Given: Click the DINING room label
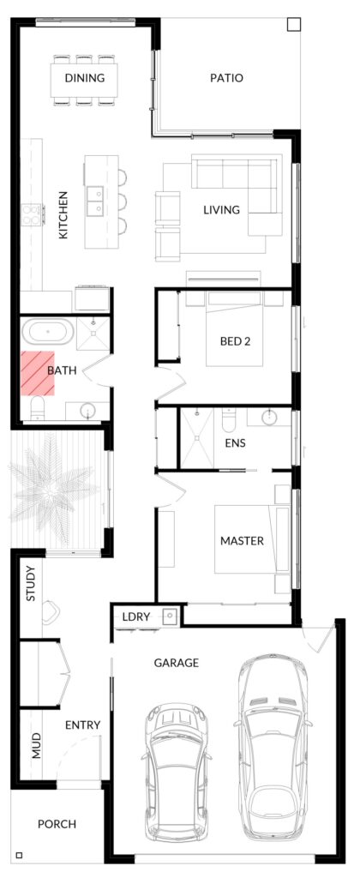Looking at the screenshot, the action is pyautogui.click(x=85, y=78).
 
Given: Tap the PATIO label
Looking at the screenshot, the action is pyautogui.click(x=227, y=78).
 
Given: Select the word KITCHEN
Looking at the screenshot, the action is pyautogui.click(x=63, y=215).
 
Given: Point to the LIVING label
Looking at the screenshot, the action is pyautogui.click(x=221, y=210).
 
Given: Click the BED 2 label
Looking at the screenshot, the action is pyautogui.click(x=235, y=341).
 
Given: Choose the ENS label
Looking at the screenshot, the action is pyautogui.click(x=235, y=443).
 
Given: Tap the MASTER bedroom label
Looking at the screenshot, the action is pyautogui.click(x=242, y=541).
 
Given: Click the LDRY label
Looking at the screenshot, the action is pyautogui.click(x=136, y=617).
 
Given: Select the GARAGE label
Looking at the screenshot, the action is pyautogui.click(x=177, y=663).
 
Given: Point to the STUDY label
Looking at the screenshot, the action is pyautogui.click(x=31, y=584).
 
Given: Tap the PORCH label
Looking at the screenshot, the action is pyautogui.click(x=57, y=824).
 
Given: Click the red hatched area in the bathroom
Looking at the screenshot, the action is pyautogui.click(x=38, y=374).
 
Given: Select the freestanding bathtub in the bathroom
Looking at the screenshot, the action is pyautogui.click(x=47, y=333).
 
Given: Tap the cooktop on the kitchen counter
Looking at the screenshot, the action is pyautogui.click(x=32, y=214).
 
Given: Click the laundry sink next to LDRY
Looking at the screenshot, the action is pyautogui.click(x=171, y=616).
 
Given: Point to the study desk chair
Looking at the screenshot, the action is pyautogui.click(x=51, y=612).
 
